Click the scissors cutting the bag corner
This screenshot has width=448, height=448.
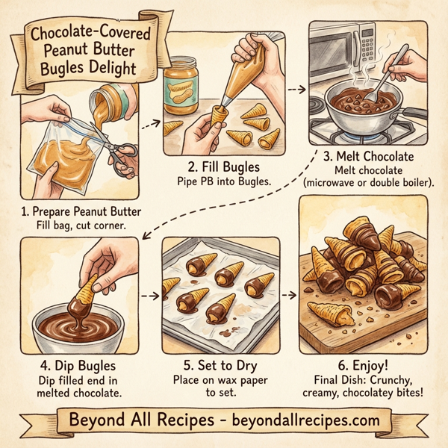point(119,152)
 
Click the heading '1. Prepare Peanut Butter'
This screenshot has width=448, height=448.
point(81,211)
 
